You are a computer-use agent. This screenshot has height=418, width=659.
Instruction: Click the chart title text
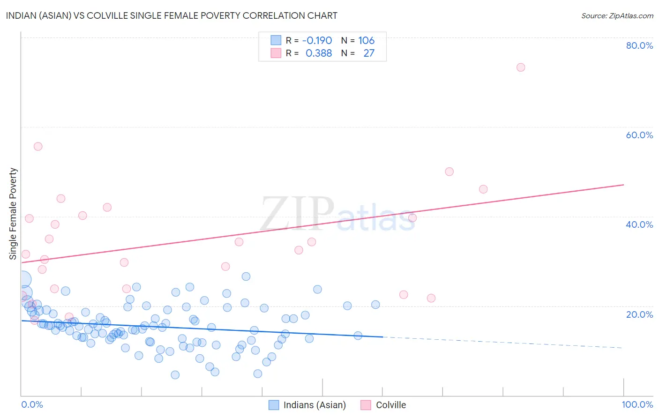pos(172,15)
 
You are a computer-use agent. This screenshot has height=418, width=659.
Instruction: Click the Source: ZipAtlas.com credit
pos(617,15)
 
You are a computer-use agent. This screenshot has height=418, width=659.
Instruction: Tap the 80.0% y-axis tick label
pos(639,45)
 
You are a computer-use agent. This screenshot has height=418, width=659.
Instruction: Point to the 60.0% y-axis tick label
pos(639,135)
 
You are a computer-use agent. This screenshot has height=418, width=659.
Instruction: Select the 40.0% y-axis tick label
pos(639,224)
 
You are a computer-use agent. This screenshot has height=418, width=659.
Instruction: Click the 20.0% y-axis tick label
pos(639,314)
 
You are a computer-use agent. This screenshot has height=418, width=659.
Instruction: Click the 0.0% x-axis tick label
pos(32,404)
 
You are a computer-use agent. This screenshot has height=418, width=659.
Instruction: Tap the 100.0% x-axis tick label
pos(637,404)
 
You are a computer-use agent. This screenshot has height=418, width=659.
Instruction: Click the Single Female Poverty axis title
pos(13,214)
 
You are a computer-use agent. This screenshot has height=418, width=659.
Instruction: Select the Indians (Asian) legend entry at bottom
pos(307,405)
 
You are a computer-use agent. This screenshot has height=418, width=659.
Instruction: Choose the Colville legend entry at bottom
pos(383,405)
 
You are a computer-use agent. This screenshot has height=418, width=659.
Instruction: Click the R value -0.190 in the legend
pos(317,41)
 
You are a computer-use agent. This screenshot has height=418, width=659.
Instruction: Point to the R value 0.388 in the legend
pos(319,53)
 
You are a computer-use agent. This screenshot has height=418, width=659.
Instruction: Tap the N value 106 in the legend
pos(366,41)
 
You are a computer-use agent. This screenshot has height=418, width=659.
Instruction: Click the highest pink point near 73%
pos(520,67)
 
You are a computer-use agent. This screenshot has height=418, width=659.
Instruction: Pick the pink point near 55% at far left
pos(38,147)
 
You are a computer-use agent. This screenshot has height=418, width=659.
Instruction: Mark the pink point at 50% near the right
pos(449,172)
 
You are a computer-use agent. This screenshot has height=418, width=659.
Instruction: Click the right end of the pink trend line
pos(623,185)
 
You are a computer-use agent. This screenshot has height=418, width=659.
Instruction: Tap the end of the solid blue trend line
pos(382,336)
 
